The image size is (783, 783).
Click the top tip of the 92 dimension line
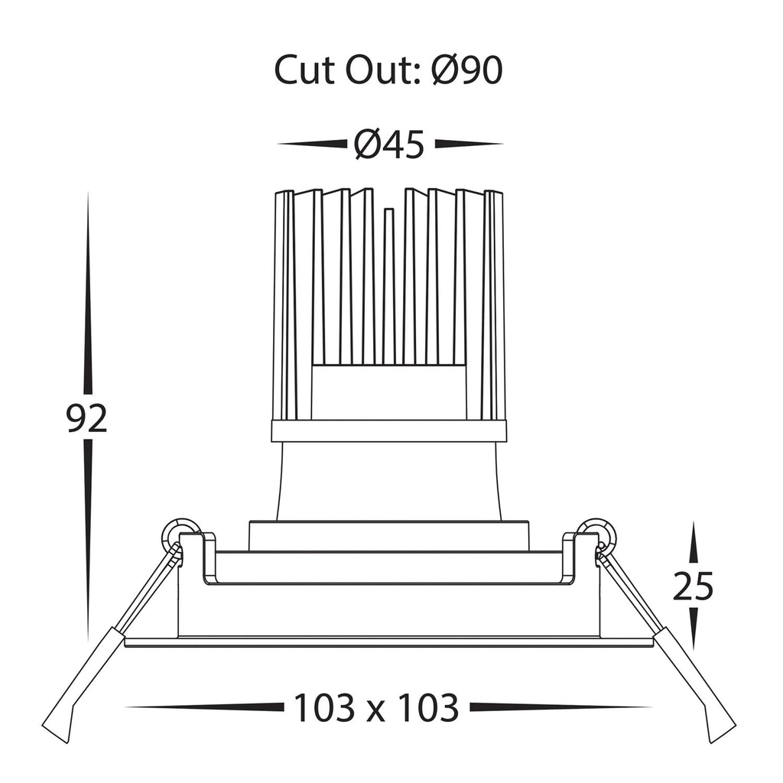[88, 192]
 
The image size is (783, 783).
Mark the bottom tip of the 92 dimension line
[88, 642]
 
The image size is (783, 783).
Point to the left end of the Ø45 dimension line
[278, 145]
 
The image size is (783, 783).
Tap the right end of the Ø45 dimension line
[503, 145]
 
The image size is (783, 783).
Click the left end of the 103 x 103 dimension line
[125, 707]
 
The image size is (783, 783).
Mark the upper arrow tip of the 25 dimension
[693, 521]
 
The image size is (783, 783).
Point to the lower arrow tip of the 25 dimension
[693, 650]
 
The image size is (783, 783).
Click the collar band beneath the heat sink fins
[389, 431]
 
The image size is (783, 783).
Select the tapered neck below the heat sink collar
[389, 482]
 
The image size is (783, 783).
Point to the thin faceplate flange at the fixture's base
[389, 642]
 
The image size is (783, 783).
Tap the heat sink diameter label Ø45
[389, 145]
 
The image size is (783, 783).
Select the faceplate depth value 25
[693, 586]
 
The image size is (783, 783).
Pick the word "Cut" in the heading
[305, 70]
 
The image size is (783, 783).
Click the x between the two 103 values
[376, 712]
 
